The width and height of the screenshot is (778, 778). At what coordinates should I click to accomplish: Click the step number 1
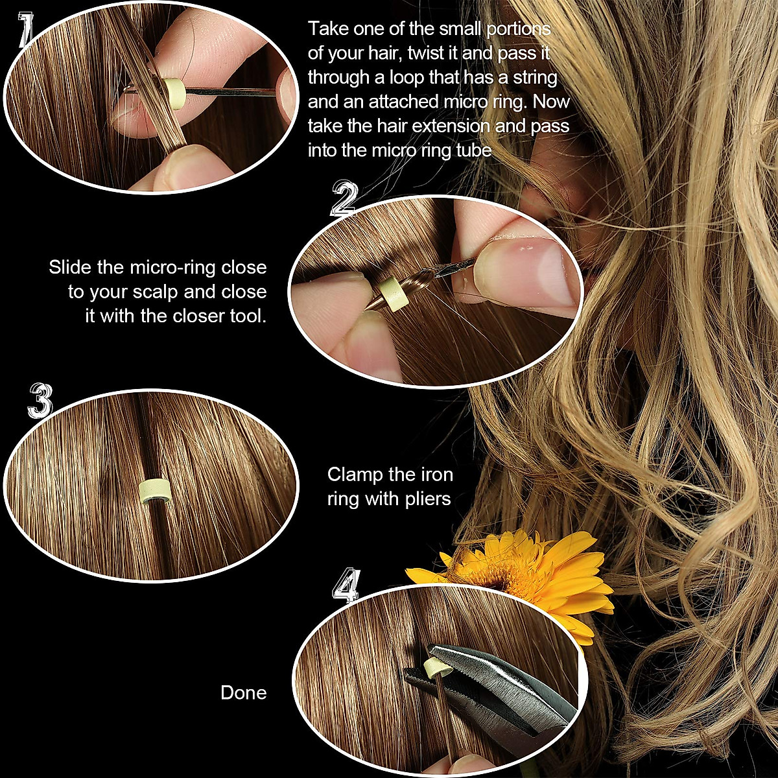24,30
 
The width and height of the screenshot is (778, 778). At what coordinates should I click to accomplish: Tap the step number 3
40,399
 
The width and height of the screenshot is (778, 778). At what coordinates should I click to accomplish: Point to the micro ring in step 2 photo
392,295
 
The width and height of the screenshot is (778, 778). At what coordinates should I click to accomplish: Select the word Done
243,692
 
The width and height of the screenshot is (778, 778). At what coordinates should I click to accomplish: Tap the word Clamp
355,475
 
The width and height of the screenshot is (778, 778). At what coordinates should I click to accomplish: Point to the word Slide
70,267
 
